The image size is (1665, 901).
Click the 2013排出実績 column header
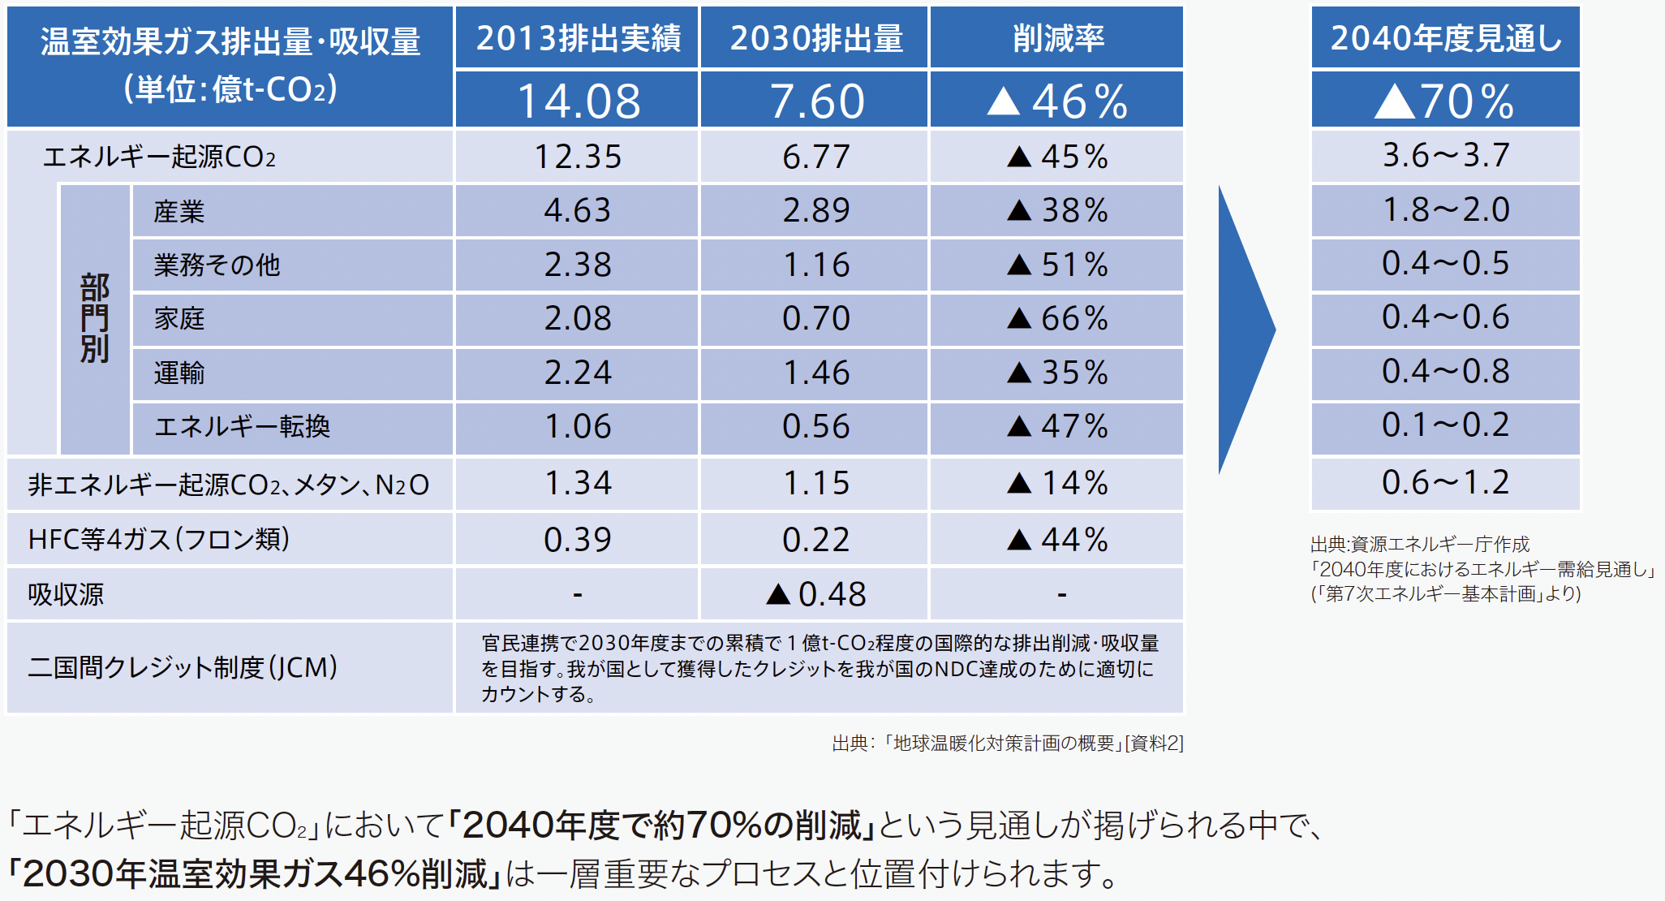pos(577,38)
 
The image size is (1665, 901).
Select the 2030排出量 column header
pos(815,38)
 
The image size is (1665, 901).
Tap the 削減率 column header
pos(1057,38)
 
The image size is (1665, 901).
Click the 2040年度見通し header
pos(1445,38)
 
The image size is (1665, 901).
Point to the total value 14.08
pos(577,101)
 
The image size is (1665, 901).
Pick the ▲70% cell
pos(1445,101)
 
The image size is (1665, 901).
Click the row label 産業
pos(179,212)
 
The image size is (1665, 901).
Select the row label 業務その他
pos(217,265)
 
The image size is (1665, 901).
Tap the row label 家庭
pos(179,319)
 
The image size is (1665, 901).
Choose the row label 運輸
pos(179,373)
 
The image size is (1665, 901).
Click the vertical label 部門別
pos(95,319)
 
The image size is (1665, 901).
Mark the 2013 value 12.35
pos(577,157)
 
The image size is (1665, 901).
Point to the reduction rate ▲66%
pos(1057,319)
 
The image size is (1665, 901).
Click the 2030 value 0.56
pos(815,427)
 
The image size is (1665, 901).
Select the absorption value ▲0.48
pos(815,594)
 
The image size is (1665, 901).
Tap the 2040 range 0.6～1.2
pos(1445,483)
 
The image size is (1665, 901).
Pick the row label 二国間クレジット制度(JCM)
pos(183,668)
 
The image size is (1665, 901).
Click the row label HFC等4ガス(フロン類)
pos(159,539)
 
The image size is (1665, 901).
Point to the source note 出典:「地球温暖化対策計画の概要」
pos(1007,744)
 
